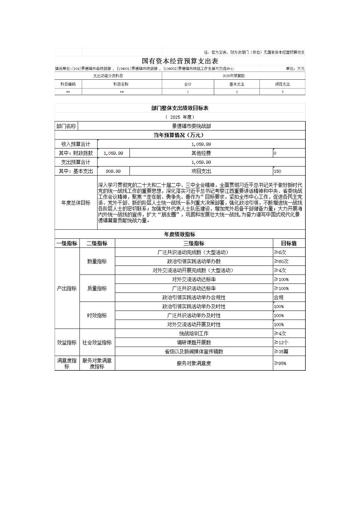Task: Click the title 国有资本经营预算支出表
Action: (180, 61)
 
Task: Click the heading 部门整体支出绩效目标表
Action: (180, 108)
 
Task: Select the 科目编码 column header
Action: (68, 84)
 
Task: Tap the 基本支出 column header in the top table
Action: (237, 84)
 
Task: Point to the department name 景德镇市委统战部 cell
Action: (191, 126)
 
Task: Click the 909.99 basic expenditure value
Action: (113, 171)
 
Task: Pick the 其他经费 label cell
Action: (201, 153)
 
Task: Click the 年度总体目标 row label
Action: (76, 203)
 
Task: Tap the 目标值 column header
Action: (289, 243)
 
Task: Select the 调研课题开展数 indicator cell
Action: (194, 343)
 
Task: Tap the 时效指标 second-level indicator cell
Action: (97, 315)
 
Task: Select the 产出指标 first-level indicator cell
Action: (67, 288)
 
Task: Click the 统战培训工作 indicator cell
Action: (194, 334)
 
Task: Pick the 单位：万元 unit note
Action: (295, 69)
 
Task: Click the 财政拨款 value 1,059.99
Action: (113, 153)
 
